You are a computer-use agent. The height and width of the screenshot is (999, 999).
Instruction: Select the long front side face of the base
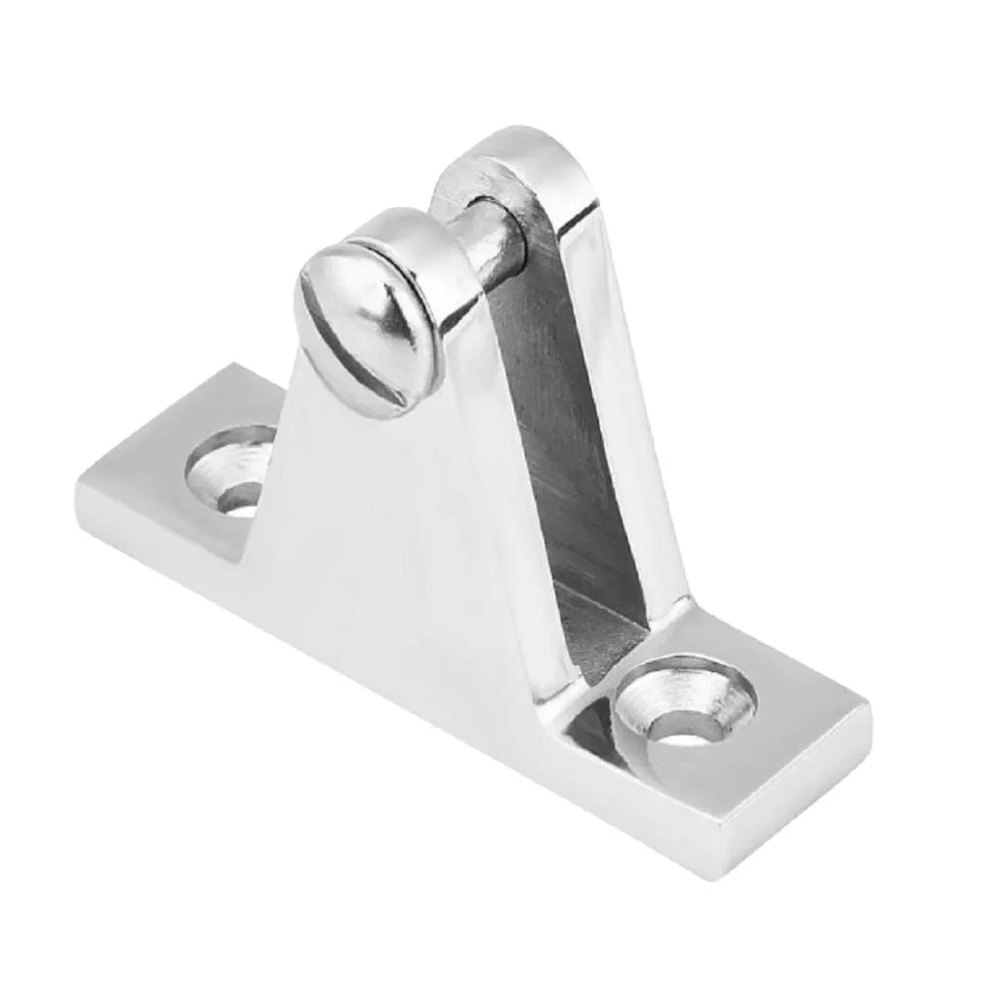point(390,683)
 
